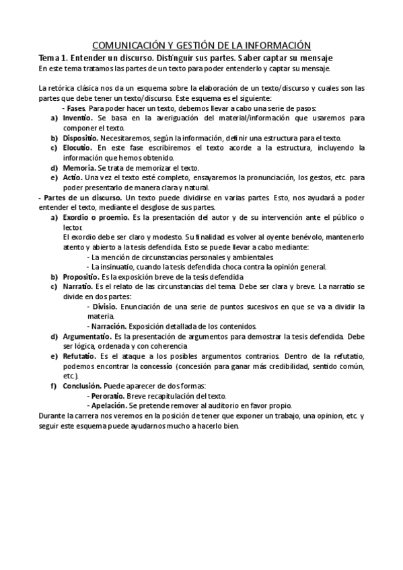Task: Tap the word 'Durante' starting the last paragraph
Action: [x=52, y=416]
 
